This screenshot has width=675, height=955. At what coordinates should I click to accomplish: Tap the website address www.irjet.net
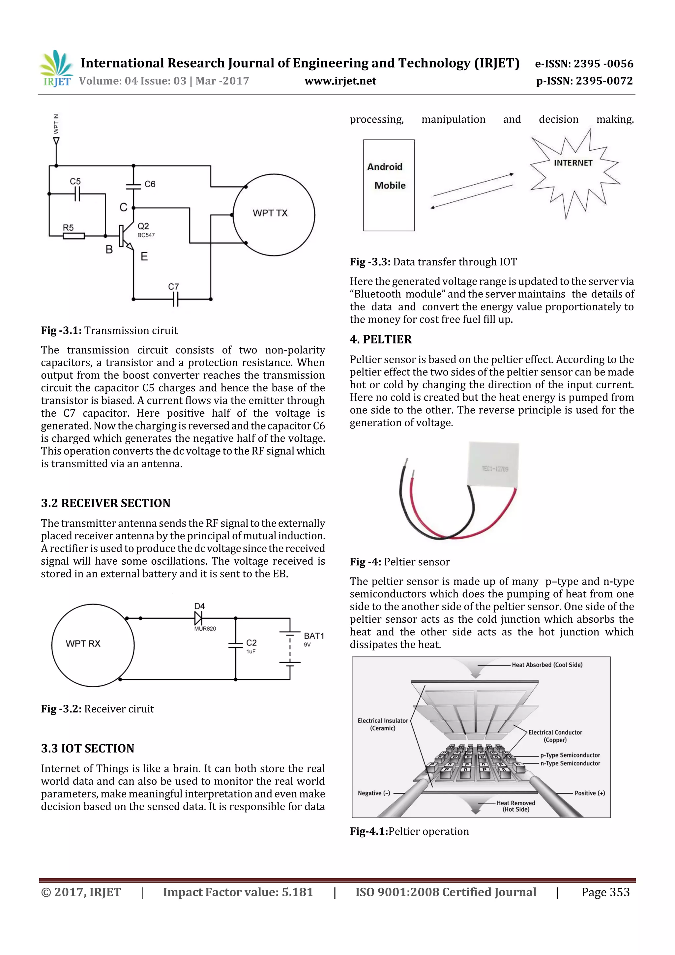[340, 81]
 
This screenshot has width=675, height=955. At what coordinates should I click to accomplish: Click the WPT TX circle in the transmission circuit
[274, 214]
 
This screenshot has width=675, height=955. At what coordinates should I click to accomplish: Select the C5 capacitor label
[75, 181]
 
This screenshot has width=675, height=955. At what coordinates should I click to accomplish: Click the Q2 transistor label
[143, 226]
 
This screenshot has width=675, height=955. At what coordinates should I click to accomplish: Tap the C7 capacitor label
[173, 286]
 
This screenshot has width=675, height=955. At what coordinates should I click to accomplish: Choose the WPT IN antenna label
[56, 124]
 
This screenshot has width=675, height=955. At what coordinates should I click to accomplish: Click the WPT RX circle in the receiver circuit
[93, 645]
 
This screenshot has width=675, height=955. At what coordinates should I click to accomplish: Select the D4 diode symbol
[198, 618]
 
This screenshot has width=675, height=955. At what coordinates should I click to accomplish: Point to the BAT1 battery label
[313, 636]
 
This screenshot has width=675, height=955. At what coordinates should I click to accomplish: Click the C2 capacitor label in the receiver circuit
[251, 642]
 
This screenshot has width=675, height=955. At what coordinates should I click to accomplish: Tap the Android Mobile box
[389, 185]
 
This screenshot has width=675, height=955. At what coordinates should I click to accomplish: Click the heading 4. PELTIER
[381, 340]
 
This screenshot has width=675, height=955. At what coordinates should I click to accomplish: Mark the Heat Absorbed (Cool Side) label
[546, 665]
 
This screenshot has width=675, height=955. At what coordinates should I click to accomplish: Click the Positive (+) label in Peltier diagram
[589, 793]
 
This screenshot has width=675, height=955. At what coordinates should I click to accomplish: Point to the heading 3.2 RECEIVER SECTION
[106, 503]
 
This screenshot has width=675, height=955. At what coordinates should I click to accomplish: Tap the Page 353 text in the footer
[605, 892]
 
